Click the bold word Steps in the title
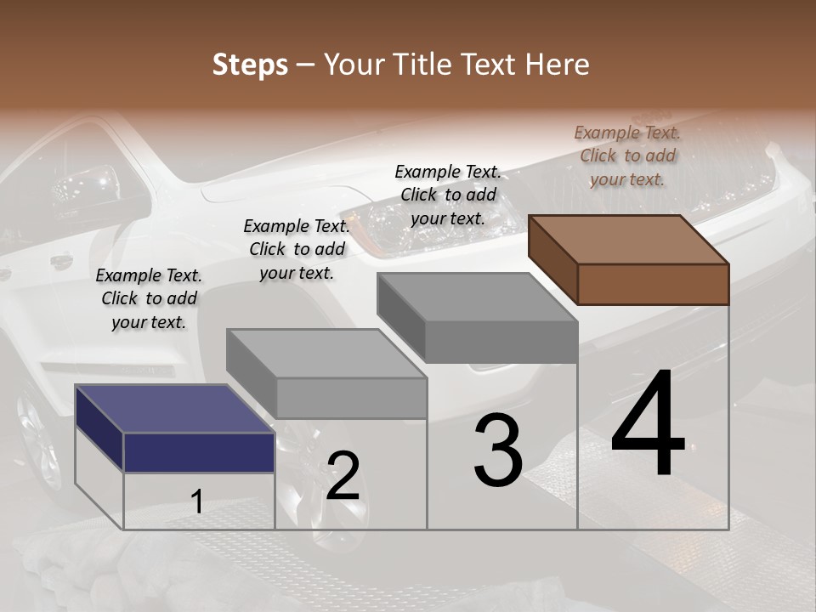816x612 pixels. click(x=250, y=65)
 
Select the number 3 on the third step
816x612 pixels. click(x=498, y=451)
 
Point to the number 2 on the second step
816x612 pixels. click(x=343, y=476)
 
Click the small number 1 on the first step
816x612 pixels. click(x=197, y=502)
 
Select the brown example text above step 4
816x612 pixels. click(x=627, y=156)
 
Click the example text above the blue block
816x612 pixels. click(x=149, y=298)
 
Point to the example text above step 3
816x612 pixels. click(x=448, y=195)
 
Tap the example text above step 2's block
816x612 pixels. click(x=297, y=249)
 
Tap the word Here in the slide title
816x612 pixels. click(x=558, y=65)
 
